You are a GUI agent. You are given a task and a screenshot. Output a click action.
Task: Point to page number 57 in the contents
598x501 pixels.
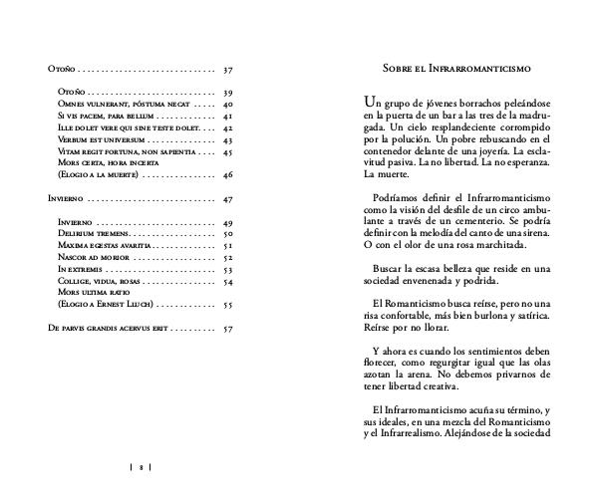click(x=228, y=328)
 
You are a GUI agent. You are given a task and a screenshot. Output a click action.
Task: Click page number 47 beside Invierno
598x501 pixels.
click(x=228, y=199)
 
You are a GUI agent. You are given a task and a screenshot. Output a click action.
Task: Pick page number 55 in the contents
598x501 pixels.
click(x=228, y=306)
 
